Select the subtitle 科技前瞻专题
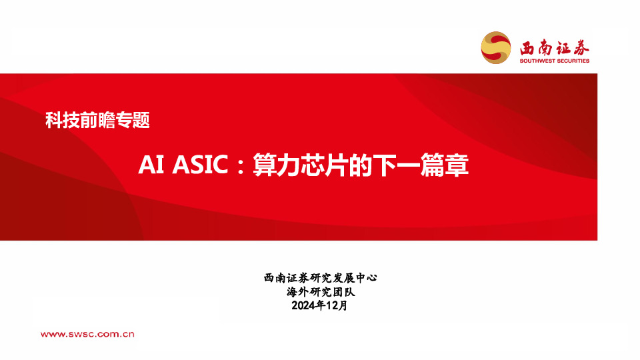[x=97, y=121]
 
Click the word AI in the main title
[x=147, y=165]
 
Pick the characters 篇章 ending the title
[x=445, y=165]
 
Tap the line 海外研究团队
[x=320, y=292]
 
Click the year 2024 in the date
[x=303, y=306]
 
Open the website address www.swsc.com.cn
[x=89, y=334]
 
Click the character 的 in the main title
[x=361, y=165]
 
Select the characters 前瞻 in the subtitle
[x=97, y=121]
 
